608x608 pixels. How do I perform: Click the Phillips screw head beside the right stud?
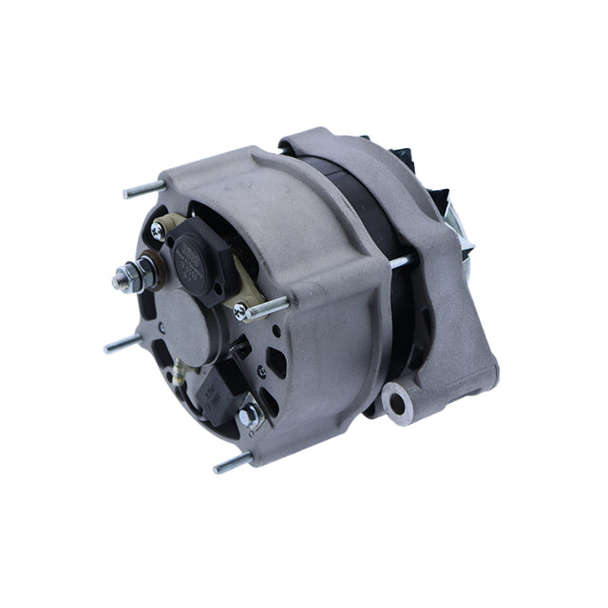[240, 311]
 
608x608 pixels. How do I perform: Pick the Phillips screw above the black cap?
[158, 229]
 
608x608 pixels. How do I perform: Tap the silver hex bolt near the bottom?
[249, 414]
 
